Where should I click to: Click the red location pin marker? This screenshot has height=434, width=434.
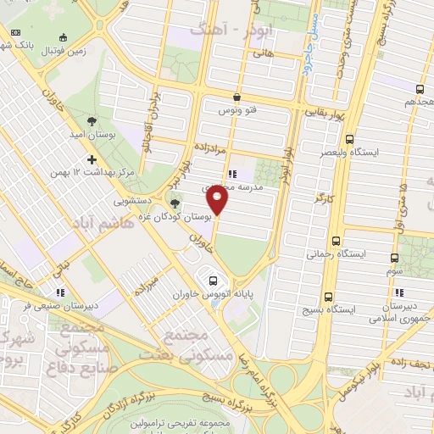218,200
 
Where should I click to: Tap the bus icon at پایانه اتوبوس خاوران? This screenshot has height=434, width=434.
213,281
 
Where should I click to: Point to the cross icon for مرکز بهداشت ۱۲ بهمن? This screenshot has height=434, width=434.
92,159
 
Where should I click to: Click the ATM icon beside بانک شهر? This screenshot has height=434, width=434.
15,32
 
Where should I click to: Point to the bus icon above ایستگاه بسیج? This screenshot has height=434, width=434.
329,298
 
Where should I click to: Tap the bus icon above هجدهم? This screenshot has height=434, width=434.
420,88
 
